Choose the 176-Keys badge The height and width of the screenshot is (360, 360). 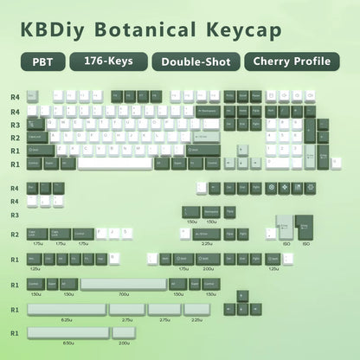(x=109, y=62)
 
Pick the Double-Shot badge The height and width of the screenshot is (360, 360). (x=196, y=62)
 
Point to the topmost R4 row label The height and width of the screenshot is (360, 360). (x=15, y=98)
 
